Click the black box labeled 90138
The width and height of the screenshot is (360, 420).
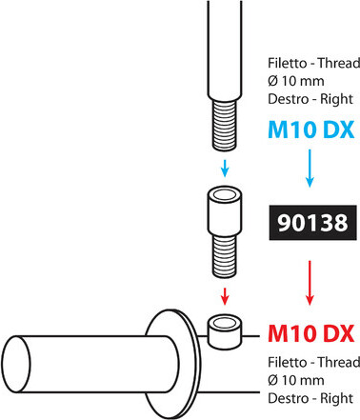(310, 226)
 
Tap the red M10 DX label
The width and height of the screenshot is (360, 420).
(310, 333)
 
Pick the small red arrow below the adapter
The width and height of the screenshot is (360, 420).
(224, 291)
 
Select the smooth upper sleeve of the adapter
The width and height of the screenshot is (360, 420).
(224, 209)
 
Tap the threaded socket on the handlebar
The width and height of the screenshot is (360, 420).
(225, 330)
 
